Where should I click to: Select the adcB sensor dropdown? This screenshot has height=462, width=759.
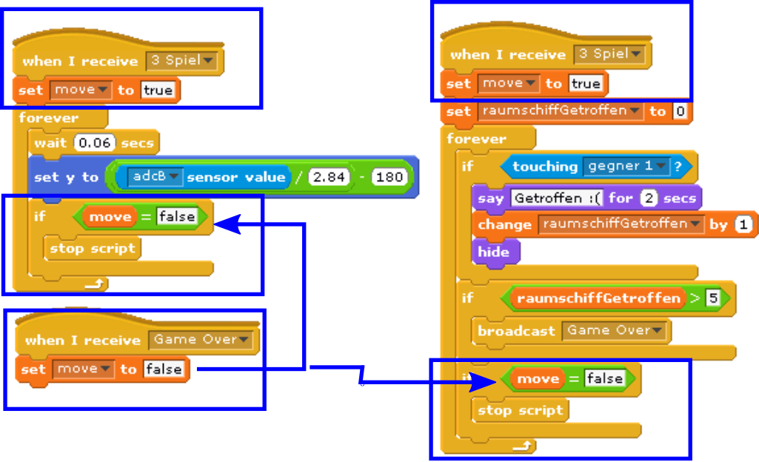click(155, 177)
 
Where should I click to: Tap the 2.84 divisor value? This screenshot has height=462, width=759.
click(329, 178)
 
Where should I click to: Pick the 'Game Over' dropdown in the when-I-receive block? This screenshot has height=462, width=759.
click(201, 340)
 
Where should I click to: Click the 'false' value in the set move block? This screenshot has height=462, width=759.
click(163, 369)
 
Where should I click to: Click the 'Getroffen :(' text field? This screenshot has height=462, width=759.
click(558, 198)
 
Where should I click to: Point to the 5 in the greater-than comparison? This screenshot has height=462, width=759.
click(712, 298)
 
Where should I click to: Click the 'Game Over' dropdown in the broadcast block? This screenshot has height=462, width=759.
click(615, 330)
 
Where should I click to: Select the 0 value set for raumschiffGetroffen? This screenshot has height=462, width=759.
click(680, 112)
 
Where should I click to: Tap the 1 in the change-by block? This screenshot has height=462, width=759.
click(743, 224)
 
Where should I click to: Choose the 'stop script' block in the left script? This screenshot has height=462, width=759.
click(93, 248)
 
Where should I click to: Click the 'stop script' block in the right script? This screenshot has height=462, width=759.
click(521, 409)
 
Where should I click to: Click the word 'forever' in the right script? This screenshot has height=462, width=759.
click(477, 139)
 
